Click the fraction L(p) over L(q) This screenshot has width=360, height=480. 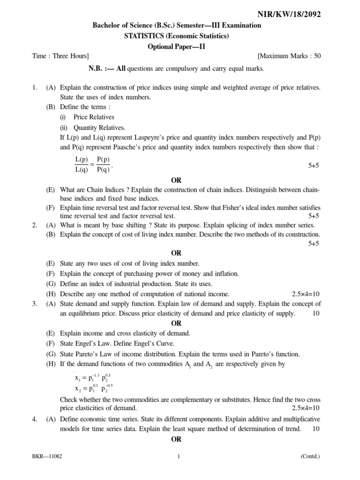coord(82,165)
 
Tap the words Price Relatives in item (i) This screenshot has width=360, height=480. coord(94,117)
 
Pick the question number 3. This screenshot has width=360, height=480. coord(34,303)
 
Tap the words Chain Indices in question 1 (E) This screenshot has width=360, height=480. coord(109,189)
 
